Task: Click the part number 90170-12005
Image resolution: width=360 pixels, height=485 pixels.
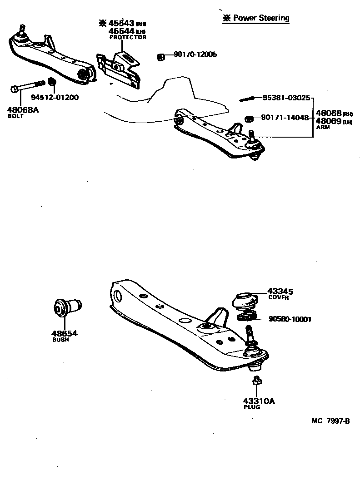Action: [x=195, y=54]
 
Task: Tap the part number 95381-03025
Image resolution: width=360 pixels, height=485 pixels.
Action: [x=286, y=98]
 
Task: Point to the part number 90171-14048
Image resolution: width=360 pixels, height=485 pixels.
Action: [x=285, y=118]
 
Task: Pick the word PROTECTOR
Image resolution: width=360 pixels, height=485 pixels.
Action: [x=128, y=37]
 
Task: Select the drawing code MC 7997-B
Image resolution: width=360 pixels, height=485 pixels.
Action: [x=330, y=421]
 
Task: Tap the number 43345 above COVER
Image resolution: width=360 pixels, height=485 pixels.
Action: [x=280, y=291]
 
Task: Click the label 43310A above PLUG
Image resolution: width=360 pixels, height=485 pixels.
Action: [x=259, y=401]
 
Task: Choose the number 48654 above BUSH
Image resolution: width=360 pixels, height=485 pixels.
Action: [x=64, y=333]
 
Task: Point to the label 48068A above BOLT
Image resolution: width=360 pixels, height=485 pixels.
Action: [x=23, y=109]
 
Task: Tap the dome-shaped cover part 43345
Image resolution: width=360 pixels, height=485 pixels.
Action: [x=245, y=300]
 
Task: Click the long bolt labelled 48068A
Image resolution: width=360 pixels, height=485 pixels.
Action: [x=28, y=86]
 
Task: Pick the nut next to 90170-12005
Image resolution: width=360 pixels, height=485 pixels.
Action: [x=160, y=56]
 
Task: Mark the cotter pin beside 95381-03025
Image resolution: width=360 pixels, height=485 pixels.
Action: [x=248, y=99]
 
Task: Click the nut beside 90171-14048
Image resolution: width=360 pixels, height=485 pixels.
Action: [x=249, y=119]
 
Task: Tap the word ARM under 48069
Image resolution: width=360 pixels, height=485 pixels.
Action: [x=323, y=127]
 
